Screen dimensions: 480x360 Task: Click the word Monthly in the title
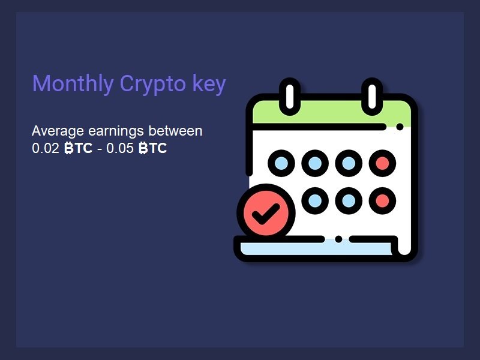[x=73, y=83]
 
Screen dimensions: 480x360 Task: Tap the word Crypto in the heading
[x=153, y=84]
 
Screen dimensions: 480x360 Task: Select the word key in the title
[x=209, y=83]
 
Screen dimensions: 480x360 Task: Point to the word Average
[x=58, y=131]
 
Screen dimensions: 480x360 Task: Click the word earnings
[x=116, y=131]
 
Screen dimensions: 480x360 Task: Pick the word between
[x=175, y=131]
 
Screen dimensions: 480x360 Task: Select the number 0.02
[x=46, y=148]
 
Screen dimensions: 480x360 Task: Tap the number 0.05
[x=120, y=148]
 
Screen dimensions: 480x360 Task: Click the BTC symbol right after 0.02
[x=79, y=148]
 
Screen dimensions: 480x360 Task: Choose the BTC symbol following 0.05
[x=153, y=148]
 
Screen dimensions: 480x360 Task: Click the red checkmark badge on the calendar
[x=266, y=213]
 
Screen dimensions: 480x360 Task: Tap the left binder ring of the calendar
[x=290, y=97]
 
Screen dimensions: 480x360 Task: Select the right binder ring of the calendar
[x=372, y=97]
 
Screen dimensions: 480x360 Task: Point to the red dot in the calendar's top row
[x=382, y=163]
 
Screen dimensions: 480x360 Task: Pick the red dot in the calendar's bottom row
[x=382, y=201]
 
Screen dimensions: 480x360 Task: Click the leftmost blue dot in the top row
[x=281, y=163]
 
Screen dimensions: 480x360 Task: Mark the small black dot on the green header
[x=400, y=127]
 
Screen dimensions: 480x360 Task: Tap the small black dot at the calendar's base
[x=338, y=239]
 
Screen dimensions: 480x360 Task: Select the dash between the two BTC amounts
[x=100, y=149]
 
